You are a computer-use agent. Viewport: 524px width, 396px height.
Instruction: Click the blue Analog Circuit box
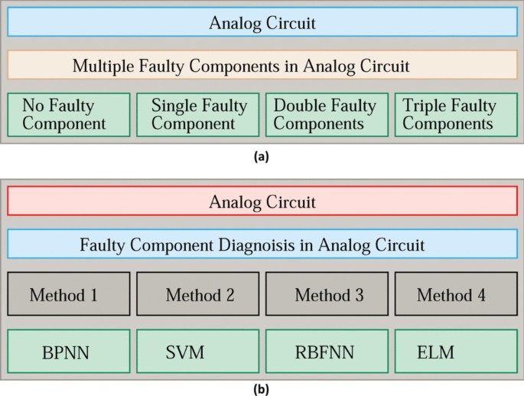tap(262, 22)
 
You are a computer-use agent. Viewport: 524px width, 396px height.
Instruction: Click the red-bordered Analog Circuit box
tap(262, 202)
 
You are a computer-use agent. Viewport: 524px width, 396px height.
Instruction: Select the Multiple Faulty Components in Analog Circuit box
tap(262, 66)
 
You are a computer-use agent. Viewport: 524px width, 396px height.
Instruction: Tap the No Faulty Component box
tap(69, 115)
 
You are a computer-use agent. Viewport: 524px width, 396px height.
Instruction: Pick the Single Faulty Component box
tap(198, 115)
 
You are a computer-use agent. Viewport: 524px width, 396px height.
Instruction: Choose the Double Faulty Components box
tap(327, 115)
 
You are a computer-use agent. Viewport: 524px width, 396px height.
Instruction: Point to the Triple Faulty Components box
tap(456, 115)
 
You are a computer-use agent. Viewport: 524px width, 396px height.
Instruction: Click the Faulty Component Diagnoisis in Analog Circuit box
tap(262, 245)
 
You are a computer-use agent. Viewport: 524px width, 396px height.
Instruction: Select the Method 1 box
tap(69, 294)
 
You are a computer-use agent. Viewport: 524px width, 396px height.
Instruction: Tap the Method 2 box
tap(198, 294)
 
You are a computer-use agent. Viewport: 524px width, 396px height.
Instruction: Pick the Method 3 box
tap(327, 294)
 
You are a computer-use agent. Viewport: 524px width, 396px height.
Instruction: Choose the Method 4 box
tap(456, 294)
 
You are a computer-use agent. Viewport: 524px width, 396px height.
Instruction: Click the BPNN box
tap(69, 352)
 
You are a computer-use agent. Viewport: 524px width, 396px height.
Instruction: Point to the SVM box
tap(198, 352)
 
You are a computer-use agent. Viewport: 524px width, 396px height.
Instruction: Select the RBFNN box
tap(327, 352)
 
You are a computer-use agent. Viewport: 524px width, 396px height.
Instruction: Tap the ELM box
tap(456, 352)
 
